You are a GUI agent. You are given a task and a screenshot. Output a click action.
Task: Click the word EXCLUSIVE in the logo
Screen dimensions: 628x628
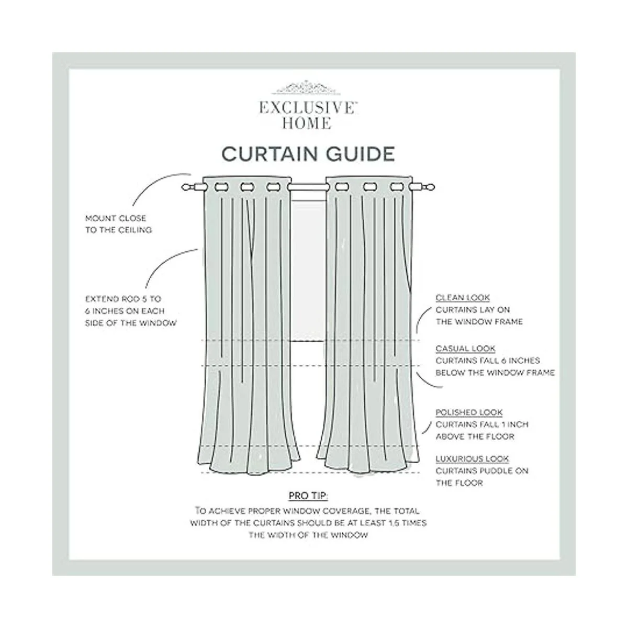click(x=307, y=108)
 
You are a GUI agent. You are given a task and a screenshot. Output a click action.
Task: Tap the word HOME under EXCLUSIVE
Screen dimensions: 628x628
click(x=307, y=124)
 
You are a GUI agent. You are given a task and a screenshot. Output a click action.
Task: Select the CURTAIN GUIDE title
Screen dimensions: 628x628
click(x=308, y=154)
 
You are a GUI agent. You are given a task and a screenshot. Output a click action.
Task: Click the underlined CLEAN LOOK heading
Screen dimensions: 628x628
click(x=463, y=297)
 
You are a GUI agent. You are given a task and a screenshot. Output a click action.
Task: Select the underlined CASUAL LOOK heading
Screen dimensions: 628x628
click(x=465, y=348)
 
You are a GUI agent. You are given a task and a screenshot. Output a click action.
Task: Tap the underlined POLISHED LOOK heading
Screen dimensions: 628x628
click(x=469, y=412)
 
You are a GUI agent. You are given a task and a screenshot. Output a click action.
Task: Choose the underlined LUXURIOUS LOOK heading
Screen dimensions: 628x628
click(x=472, y=458)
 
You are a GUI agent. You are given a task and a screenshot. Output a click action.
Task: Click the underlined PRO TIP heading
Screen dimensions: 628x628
click(x=308, y=495)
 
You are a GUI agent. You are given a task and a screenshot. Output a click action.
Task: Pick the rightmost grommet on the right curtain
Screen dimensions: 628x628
click(x=396, y=187)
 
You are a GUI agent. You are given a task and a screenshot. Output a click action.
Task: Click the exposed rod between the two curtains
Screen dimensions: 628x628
click(x=307, y=187)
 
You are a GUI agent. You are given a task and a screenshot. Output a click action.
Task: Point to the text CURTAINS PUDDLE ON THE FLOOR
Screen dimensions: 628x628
click(x=481, y=477)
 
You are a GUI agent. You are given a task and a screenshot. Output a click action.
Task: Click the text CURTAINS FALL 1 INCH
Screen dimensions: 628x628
click(x=481, y=424)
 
